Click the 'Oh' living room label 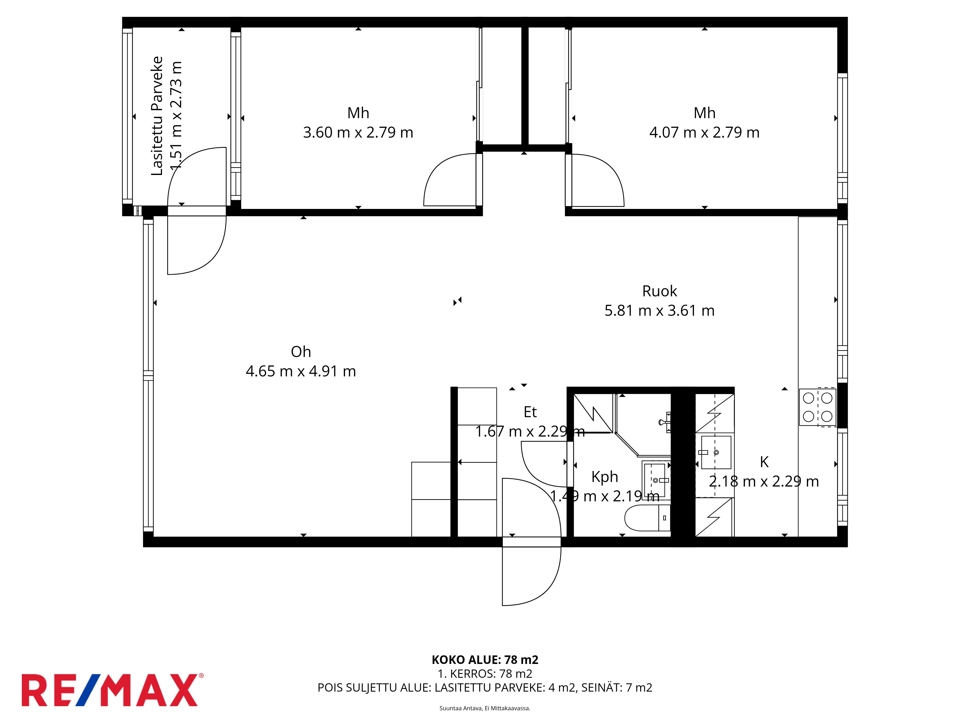click(301, 351)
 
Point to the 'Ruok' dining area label click(660, 291)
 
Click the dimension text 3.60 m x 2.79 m click(358, 132)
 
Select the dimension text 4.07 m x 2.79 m click(704, 132)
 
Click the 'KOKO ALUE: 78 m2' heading click(485, 660)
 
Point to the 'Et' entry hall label click(530, 412)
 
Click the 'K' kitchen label click(764, 462)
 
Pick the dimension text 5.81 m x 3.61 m click(660, 310)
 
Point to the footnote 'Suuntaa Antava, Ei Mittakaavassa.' click(485, 708)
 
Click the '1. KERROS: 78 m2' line click(485, 674)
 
